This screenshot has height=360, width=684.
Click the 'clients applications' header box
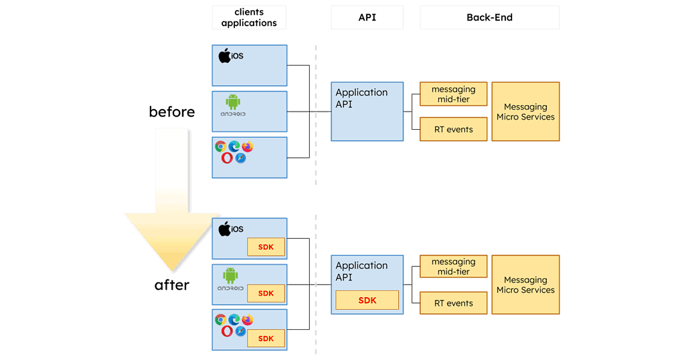click(x=248, y=17)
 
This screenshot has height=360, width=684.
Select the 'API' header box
click(x=367, y=17)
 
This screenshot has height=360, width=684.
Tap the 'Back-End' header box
click(x=489, y=17)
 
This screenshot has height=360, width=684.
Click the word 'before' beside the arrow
click(x=172, y=112)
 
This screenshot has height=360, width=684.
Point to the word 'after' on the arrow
click(x=172, y=285)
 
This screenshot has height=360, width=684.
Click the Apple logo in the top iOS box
click(x=225, y=56)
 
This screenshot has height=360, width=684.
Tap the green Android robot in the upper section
click(x=232, y=102)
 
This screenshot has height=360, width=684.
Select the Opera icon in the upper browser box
click(x=227, y=158)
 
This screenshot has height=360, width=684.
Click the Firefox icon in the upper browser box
click(x=247, y=147)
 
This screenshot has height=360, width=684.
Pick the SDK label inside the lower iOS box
click(x=266, y=248)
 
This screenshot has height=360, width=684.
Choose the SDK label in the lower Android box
click(x=266, y=293)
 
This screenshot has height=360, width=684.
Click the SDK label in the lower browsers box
click(x=266, y=339)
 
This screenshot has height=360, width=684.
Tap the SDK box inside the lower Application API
click(x=367, y=300)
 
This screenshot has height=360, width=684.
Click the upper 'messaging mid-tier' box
click(x=453, y=94)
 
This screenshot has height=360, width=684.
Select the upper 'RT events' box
click(x=453, y=129)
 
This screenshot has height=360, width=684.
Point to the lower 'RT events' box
click(x=453, y=303)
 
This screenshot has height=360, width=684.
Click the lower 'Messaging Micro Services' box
click(x=525, y=285)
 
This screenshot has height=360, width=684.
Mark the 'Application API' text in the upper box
click(x=361, y=98)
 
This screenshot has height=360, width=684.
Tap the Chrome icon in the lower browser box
click(x=221, y=320)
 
